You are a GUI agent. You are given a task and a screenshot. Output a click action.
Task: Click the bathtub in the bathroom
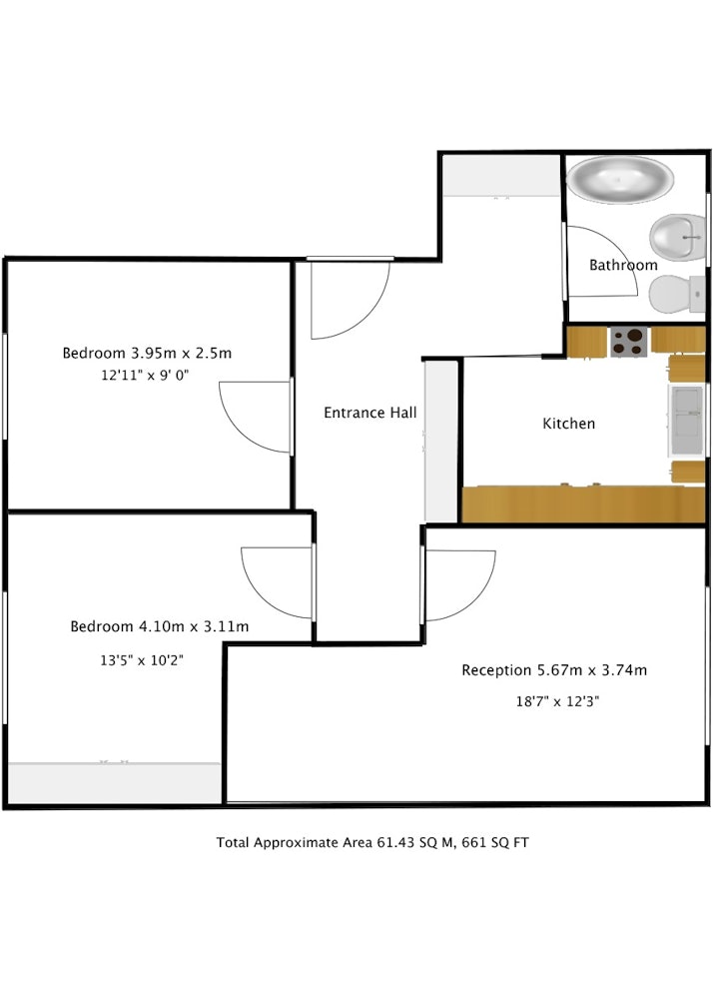[x=619, y=180]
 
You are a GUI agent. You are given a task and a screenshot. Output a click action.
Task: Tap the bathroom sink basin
[x=677, y=237]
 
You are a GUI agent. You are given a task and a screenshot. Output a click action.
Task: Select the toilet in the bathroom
[x=677, y=294]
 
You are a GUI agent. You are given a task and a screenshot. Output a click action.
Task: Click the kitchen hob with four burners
[x=629, y=342]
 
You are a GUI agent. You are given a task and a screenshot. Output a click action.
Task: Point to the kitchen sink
[x=686, y=420]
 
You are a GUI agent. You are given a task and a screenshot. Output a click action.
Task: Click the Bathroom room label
[x=623, y=265]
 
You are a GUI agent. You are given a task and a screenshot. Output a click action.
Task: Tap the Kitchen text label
[x=569, y=424]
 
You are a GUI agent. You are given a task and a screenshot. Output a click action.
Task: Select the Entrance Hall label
[x=370, y=413]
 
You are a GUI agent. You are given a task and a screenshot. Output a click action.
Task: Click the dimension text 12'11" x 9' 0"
[x=145, y=376]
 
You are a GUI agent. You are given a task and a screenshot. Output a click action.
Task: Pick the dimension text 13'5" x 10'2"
[x=142, y=660]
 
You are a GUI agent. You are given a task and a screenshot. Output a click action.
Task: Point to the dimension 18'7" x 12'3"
[x=557, y=701]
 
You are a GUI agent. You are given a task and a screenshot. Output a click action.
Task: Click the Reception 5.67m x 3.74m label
[x=554, y=670]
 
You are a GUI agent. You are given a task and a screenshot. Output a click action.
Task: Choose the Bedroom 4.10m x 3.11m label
[x=159, y=626]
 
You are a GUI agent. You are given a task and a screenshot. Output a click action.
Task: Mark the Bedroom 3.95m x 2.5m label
[x=147, y=353]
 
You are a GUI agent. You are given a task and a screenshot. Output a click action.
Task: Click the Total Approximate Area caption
[x=372, y=843]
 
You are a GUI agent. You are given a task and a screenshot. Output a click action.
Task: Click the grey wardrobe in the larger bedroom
[x=115, y=783]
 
